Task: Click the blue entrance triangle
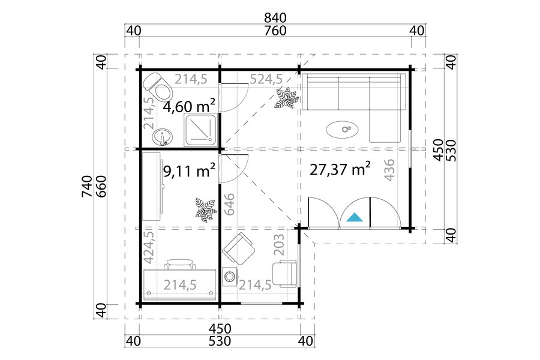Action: tap(355, 218)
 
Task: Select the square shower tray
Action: tap(200, 130)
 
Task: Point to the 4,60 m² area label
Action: tap(189, 106)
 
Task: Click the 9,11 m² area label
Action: tap(189, 170)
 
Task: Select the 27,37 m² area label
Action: tap(340, 169)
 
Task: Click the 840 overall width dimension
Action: tap(275, 17)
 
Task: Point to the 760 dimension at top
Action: tap(275, 31)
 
